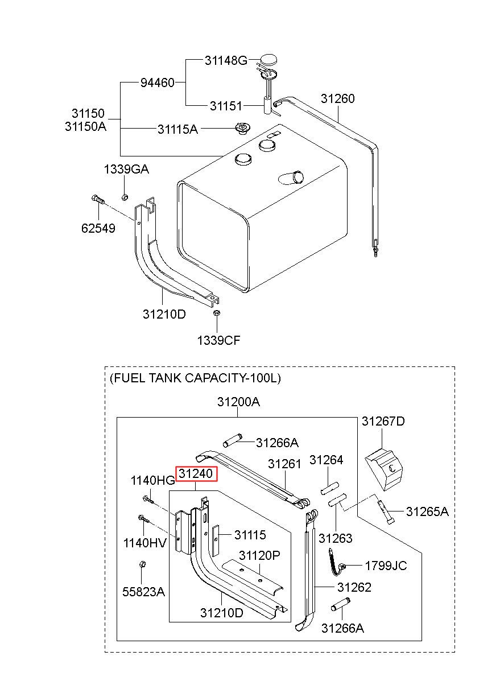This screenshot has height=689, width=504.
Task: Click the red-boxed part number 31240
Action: [196, 473]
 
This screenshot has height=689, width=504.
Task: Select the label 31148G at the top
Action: [226, 60]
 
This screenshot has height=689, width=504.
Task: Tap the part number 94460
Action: [157, 83]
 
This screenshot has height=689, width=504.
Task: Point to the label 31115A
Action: [177, 129]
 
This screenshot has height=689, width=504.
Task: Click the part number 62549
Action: [98, 229]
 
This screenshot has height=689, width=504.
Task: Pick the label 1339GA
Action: [126, 169]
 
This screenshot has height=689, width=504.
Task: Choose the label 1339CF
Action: [218, 341]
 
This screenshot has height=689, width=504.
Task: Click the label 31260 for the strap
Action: [337, 98]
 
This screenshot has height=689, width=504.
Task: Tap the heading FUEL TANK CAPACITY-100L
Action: [195, 378]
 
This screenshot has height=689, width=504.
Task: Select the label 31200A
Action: [238, 402]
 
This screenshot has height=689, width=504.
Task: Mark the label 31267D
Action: [383, 421]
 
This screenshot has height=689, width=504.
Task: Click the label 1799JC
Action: [386, 566]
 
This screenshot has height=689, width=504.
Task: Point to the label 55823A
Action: [143, 592]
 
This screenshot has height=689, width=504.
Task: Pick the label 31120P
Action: [259, 555]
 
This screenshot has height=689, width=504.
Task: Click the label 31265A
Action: [427, 511]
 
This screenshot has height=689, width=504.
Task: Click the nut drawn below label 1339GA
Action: [125, 197]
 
